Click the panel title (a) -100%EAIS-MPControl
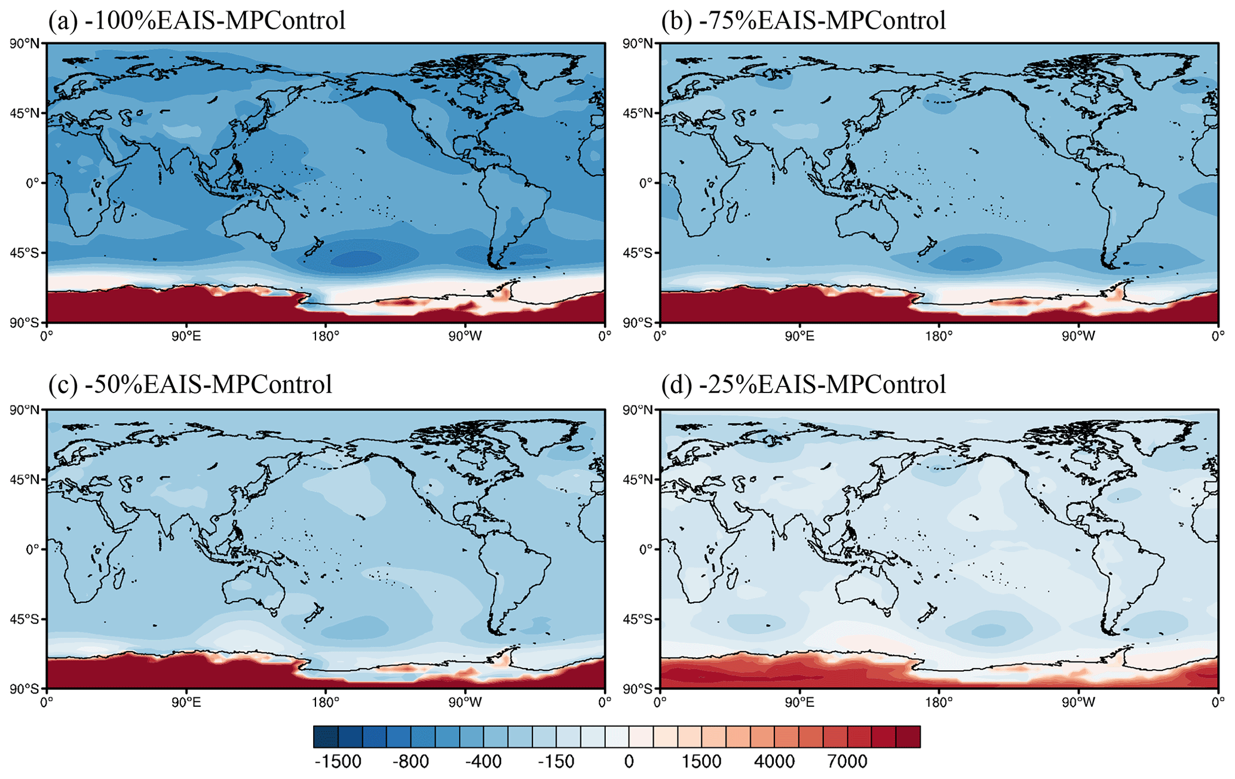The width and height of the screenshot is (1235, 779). click(197, 20)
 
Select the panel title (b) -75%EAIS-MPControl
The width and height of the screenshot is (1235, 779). click(804, 20)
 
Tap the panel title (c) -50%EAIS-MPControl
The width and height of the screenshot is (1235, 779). click(190, 384)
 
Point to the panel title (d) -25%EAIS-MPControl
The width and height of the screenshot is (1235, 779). click(804, 384)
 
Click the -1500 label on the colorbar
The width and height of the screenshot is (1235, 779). click(338, 762)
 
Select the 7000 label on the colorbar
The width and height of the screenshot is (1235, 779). click(847, 762)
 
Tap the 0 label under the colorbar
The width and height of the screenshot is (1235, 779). click(629, 762)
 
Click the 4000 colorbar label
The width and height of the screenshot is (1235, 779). click(774, 762)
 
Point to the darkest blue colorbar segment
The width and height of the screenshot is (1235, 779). click(326, 737)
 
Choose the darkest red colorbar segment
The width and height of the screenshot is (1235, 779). click(908, 737)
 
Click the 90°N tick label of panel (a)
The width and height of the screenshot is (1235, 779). click(26, 44)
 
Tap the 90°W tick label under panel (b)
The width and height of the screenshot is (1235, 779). click(1078, 336)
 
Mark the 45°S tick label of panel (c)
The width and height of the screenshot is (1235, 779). click(26, 619)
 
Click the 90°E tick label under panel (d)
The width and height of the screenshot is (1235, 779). click(799, 702)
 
